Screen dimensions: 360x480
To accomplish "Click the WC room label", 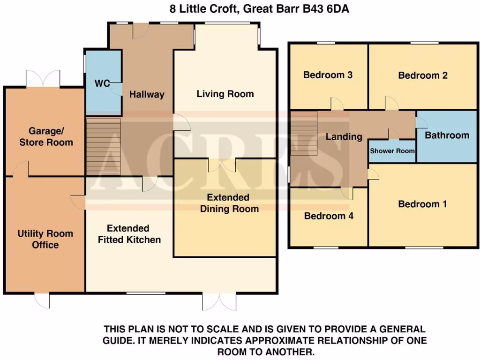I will click(x=102, y=83).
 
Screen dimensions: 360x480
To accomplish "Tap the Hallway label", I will click(x=147, y=94).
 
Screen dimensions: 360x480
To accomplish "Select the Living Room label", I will click(x=225, y=94).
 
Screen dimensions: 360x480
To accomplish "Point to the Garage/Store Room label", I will click(x=46, y=136).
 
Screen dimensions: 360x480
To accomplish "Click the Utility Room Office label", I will click(x=45, y=239).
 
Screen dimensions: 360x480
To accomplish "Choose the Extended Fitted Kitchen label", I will click(x=128, y=234).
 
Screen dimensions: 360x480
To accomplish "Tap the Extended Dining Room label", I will click(x=229, y=203).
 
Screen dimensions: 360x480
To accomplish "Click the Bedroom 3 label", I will click(x=328, y=75).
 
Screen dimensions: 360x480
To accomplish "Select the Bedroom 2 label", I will click(x=423, y=75).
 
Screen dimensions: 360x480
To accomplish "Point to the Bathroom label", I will click(x=447, y=135).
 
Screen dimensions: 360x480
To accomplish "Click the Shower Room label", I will click(x=392, y=151).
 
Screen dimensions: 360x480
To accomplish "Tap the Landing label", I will click(x=344, y=137).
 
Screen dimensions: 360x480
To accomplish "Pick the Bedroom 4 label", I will click(x=328, y=216).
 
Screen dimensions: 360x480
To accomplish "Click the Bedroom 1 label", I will click(x=422, y=204).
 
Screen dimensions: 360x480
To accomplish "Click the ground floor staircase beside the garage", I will click(x=104, y=146).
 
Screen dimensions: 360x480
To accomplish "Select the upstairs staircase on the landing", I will click(x=304, y=133).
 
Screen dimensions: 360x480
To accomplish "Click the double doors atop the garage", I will click(x=43, y=78).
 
